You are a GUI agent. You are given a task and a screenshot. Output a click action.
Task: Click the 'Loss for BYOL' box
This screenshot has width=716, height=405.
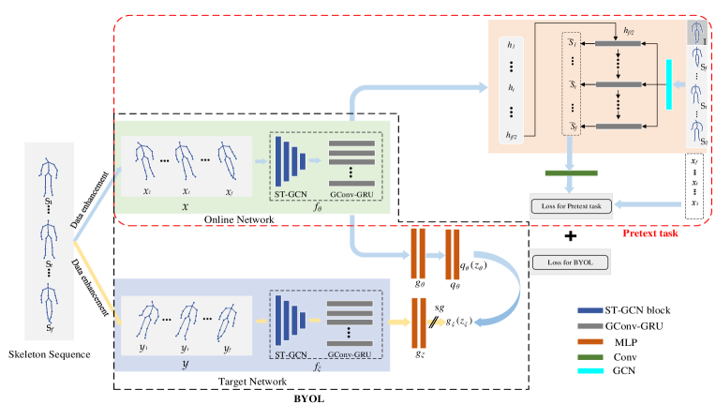coord(570,262)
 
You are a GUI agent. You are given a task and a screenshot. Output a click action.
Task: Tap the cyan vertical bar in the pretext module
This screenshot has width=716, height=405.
coord(669,84)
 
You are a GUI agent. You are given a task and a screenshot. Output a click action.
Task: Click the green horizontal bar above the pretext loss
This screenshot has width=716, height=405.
coord(571,172)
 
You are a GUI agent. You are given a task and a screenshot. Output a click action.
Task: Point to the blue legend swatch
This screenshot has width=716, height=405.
coord(590,310)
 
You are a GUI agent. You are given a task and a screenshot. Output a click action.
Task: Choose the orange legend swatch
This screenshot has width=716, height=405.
coord(590,341)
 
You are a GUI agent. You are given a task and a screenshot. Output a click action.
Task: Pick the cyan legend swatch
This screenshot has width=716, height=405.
coord(590,371)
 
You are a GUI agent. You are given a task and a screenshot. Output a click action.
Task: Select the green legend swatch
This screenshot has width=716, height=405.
coord(590,356)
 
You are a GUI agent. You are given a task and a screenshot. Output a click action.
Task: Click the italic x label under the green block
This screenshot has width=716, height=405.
coord(184,206)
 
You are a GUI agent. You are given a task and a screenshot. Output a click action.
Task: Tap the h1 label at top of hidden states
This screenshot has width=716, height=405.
coord(511,44)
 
